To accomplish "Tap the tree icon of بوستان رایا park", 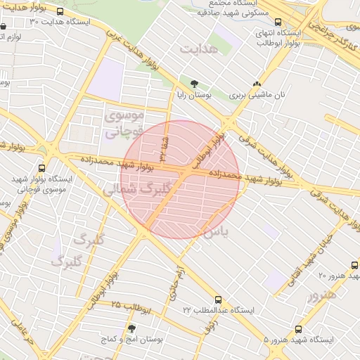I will [x=194, y=84].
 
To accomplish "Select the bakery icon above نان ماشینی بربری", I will [x=266, y=84].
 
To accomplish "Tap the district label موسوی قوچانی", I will [x=124, y=122].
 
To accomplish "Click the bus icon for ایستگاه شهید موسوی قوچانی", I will [x=42, y=168].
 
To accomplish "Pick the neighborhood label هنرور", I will [x=322, y=294].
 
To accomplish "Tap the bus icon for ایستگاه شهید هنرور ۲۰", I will [x=354, y=264].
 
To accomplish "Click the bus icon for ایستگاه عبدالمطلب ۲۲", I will [x=218, y=300].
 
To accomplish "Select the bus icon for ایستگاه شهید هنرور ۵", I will [x=299, y=329].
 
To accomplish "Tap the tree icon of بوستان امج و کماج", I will [x=131, y=328].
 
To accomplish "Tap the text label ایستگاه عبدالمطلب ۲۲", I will [x=218, y=310].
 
